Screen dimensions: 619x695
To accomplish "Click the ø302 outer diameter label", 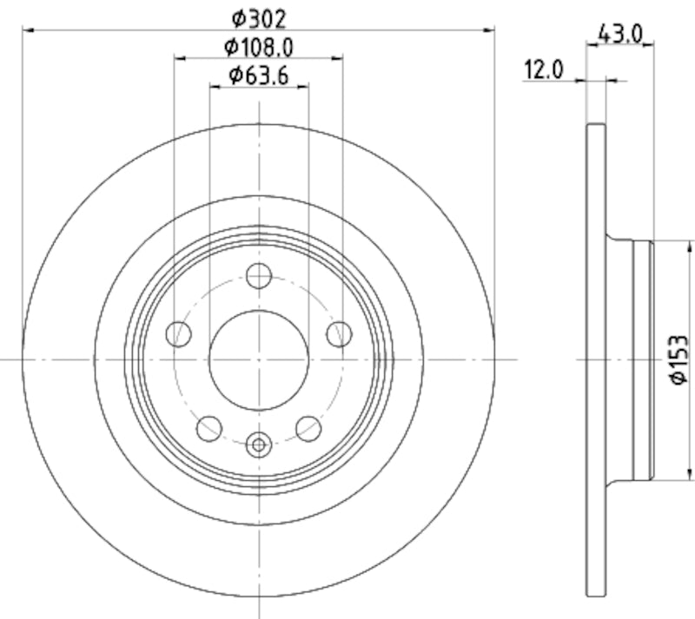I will click(258, 16).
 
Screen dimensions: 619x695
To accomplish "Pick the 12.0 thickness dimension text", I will click(544, 69).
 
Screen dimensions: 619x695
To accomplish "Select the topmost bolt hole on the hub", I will click(258, 276).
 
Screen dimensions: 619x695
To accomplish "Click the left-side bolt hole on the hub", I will click(178, 333).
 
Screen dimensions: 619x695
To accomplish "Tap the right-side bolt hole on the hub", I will click(339, 333).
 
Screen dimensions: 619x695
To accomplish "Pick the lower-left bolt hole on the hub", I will click(209, 427).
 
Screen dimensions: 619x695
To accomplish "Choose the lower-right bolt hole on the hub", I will click(308, 427).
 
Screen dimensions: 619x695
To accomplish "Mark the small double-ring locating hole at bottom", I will click(258, 445).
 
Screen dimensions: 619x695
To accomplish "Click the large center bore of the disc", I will click(258, 359).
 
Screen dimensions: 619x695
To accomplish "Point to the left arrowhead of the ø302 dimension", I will click(28, 30).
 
